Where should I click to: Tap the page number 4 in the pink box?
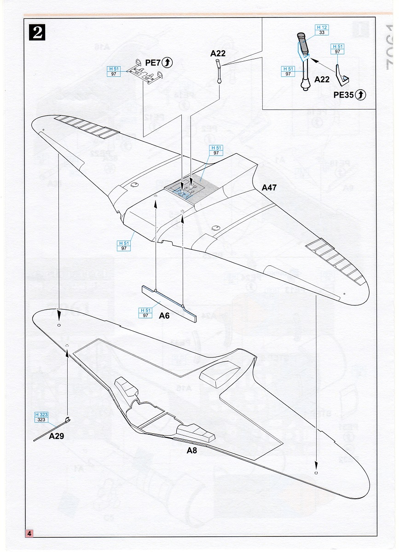tap(29, 534)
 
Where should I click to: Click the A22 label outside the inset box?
tap(218, 54)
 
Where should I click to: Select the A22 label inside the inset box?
tap(322, 79)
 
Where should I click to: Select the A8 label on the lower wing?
tap(192, 450)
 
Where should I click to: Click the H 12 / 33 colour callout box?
tap(321, 29)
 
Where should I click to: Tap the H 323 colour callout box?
tap(41, 417)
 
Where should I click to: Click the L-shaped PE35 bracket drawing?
tap(341, 76)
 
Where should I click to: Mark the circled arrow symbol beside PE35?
tap(361, 94)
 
